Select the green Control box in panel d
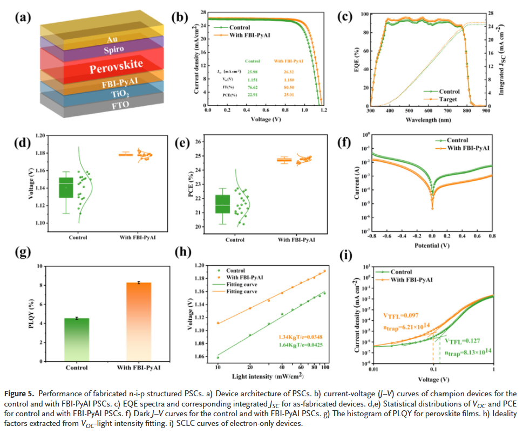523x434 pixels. point(66,188)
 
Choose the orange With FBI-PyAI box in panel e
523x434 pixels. point(284,160)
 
